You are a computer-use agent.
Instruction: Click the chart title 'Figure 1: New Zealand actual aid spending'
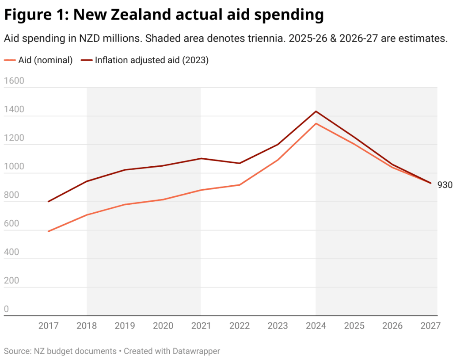coord(164,15)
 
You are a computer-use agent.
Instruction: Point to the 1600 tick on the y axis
coord(14,81)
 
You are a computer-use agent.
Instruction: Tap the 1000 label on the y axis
coord(14,167)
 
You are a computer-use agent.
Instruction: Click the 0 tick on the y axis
coord(6,309)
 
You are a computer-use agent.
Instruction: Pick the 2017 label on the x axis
coord(48,326)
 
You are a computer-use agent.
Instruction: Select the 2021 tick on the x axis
coord(201,326)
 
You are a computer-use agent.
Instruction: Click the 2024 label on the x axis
coord(316,326)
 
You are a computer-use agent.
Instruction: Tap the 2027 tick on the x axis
coord(430,326)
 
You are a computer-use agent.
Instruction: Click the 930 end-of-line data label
coord(445,185)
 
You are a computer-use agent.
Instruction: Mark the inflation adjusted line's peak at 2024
coord(316,111)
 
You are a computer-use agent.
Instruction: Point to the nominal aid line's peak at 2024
coord(316,123)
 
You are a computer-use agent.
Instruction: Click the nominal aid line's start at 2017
coord(48,231)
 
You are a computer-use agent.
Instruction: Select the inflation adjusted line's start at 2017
coord(48,202)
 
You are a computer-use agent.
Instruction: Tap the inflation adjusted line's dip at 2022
coord(240,163)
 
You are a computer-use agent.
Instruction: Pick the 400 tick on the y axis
coord(12,252)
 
